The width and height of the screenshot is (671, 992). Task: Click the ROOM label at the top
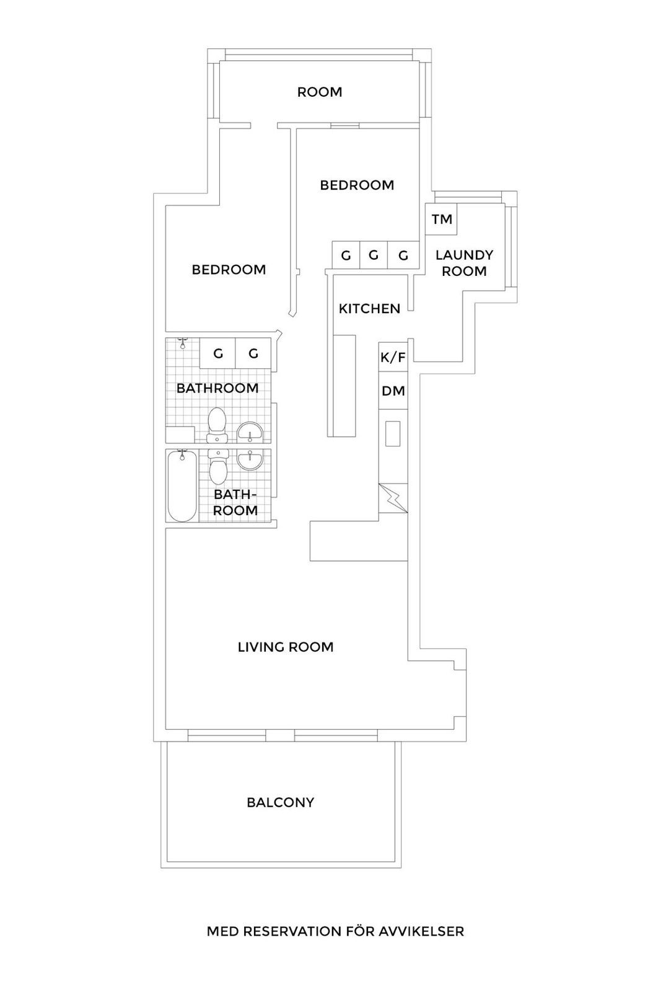click(x=319, y=92)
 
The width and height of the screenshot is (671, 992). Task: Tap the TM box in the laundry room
click(x=442, y=219)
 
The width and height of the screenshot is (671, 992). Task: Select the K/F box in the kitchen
click(x=393, y=357)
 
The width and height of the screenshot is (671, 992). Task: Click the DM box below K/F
click(x=393, y=391)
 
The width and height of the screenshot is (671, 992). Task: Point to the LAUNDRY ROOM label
click(x=464, y=263)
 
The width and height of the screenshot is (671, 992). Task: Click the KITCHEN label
click(x=369, y=309)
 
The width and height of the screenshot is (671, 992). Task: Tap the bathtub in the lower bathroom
click(x=182, y=487)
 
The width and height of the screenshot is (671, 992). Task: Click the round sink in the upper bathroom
click(x=250, y=432)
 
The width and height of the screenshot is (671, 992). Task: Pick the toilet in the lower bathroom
click(x=217, y=468)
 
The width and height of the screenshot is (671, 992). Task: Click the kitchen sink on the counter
click(x=393, y=433)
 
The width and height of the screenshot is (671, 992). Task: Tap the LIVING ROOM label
click(x=286, y=647)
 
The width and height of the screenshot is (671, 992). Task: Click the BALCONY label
click(x=280, y=802)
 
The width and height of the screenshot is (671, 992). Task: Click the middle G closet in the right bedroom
click(x=373, y=255)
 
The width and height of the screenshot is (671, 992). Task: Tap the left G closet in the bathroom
click(x=217, y=354)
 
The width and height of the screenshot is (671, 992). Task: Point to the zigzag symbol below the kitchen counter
click(x=393, y=498)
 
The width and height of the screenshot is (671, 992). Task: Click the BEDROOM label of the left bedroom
click(x=229, y=270)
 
